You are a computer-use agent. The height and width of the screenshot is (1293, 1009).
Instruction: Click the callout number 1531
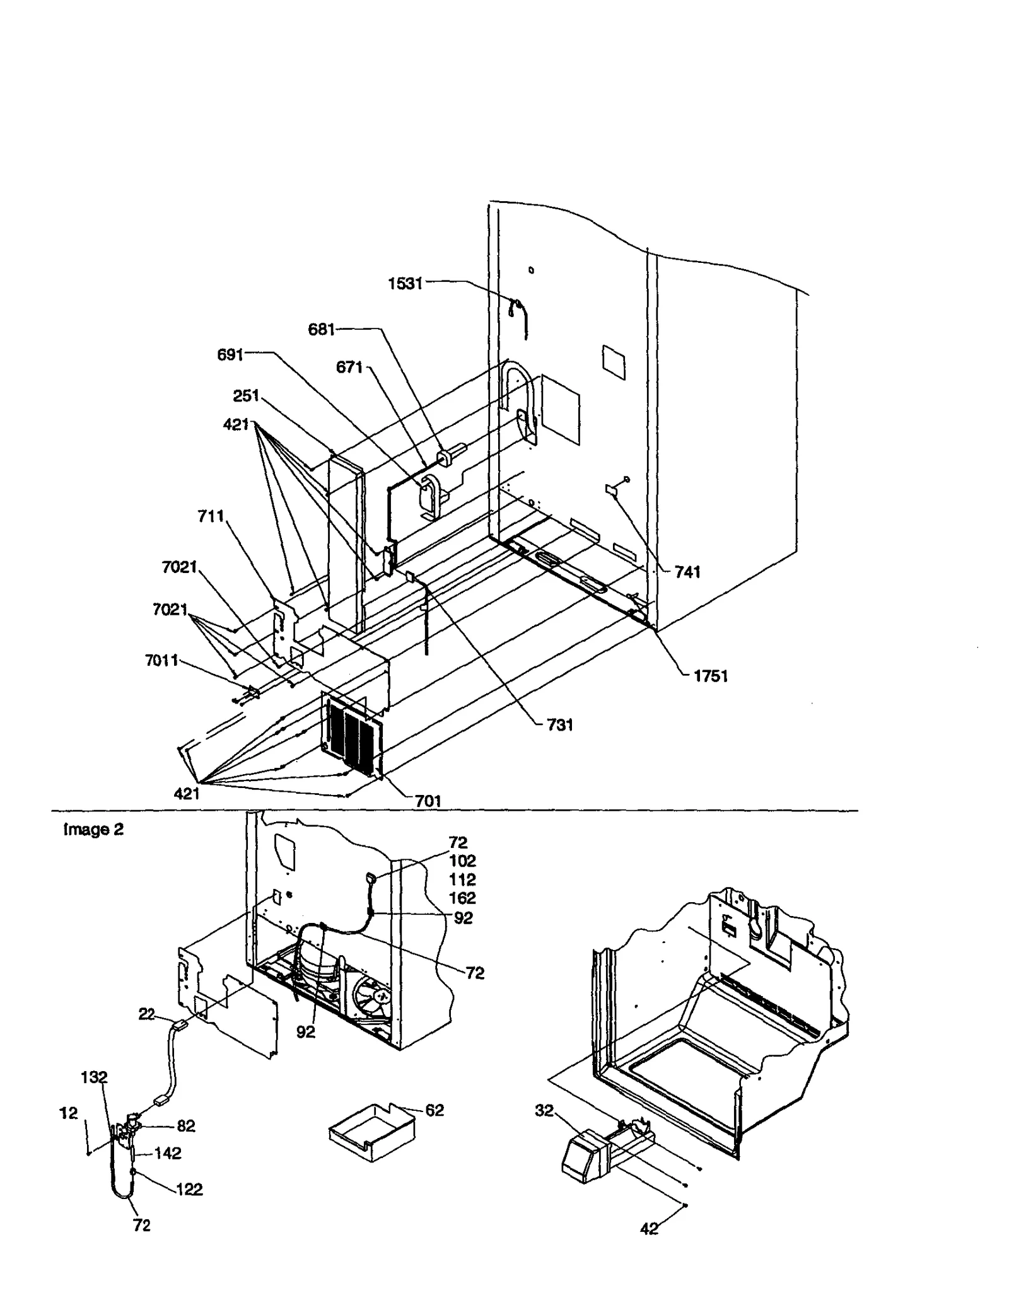405,284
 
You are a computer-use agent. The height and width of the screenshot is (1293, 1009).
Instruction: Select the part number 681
321,329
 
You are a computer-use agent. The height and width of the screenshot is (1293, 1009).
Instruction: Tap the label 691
230,355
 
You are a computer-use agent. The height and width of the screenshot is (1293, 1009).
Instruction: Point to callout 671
349,367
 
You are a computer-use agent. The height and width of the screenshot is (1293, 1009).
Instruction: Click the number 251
246,396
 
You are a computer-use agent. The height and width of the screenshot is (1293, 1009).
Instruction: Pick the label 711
211,516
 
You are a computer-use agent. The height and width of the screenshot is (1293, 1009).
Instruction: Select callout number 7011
161,661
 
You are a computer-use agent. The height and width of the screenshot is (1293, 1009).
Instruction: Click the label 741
687,572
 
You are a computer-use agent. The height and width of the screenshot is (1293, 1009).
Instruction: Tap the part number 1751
710,676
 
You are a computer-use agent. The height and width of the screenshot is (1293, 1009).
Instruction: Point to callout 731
559,725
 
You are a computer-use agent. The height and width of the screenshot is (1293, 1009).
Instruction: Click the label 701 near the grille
428,801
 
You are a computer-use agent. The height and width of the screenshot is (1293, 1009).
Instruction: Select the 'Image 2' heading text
93,830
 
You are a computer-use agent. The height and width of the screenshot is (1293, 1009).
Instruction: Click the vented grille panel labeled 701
352,734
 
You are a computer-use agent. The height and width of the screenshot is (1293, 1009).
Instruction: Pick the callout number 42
649,1229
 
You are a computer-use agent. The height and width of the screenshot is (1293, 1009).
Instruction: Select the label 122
189,1190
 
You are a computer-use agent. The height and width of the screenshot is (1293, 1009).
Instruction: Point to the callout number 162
462,898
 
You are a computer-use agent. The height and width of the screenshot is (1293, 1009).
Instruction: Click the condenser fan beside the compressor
373,998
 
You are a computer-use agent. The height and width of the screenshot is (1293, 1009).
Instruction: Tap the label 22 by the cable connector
146,1014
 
